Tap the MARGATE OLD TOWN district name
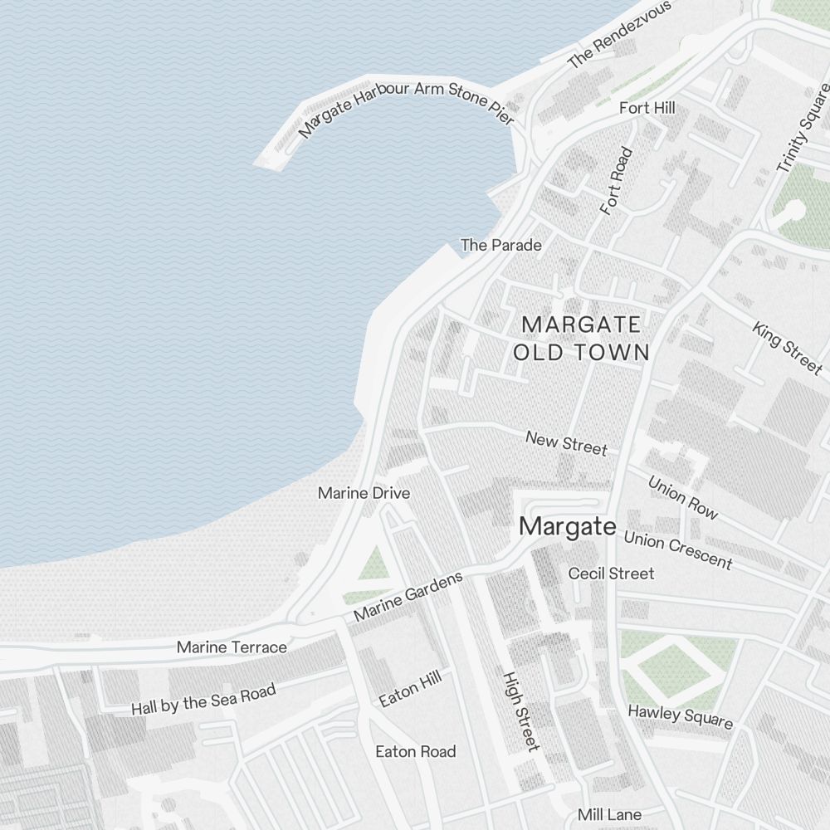tap(581, 338)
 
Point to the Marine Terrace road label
tap(232, 647)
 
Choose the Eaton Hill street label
tap(410, 691)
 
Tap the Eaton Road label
tap(416, 752)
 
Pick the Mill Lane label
tap(610, 814)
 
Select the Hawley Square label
tap(681, 717)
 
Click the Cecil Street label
tap(611, 574)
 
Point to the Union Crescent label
tap(678, 550)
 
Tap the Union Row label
tap(682, 497)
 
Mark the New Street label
tap(566, 443)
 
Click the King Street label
tap(787, 347)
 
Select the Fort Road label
tap(617, 181)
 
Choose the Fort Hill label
tap(647, 108)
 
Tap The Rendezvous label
tap(619, 35)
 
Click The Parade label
tap(501, 245)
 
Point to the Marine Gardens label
tap(408, 597)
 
